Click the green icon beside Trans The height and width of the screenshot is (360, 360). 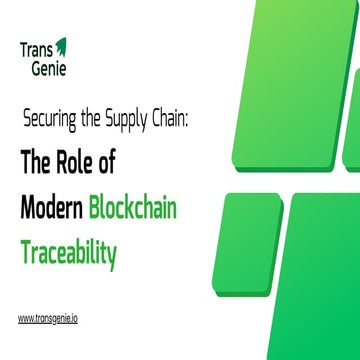tap(61, 46)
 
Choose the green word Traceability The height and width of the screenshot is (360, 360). tap(68, 252)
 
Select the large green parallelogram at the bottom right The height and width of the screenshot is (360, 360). tap(310, 290)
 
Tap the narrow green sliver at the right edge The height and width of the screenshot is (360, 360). tap(352, 120)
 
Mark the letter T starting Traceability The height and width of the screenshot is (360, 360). tap(25, 251)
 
